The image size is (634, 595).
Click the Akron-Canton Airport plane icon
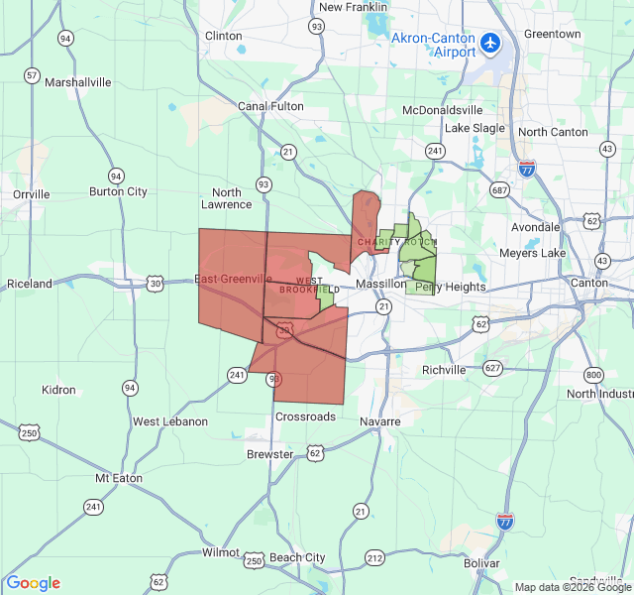pos(489,44)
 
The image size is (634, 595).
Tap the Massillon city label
pos(380,285)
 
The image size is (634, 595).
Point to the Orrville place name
pos(31,194)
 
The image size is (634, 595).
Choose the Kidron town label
pos(58,390)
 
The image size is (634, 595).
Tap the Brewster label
pos(269,454)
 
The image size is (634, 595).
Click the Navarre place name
pos(380,421)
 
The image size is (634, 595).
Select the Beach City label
pos(297,557)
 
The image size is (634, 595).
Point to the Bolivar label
pos(481,563)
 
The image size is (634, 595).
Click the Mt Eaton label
pos(119,478)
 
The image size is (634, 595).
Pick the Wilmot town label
pos(220,552)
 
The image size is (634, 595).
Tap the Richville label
pos(444,370)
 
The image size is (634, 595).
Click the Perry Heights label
pos(451,288)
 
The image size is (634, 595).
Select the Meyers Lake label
pos(532,253)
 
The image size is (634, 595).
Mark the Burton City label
pos(118,191)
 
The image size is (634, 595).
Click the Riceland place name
pos(30,284)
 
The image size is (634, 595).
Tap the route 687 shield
pos(498,189)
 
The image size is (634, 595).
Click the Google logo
pos(34,583)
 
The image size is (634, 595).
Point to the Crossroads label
pos(305,417)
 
